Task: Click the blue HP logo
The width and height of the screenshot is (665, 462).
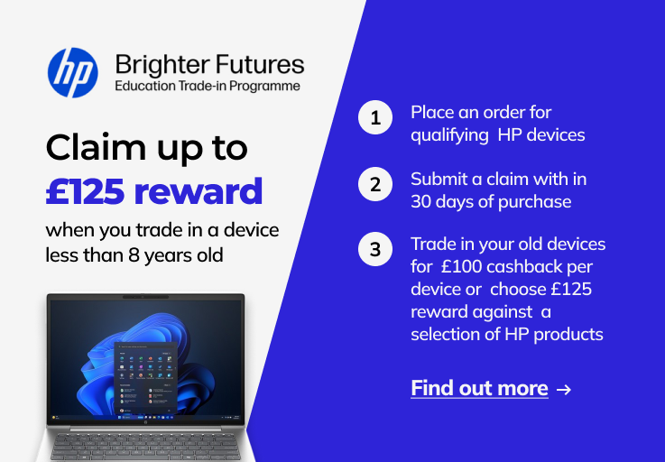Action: (x=72, y=72)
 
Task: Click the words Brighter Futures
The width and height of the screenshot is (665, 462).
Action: (x=209, y=64)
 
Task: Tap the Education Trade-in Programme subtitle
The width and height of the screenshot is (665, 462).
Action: (x=208, y=86)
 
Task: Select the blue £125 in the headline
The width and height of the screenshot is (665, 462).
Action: (x=85, y=191)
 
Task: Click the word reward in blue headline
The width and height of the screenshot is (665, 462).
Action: (x=199, y=191)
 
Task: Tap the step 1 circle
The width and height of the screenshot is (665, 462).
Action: (x=375, y=117)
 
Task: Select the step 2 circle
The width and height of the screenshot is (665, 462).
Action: (x=375, y=184)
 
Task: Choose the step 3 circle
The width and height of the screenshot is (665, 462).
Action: (x=375, y=249)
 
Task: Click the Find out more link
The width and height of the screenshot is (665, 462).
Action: (x=479, y=388)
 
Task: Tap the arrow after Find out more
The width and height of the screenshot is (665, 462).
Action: (x=564, y=389)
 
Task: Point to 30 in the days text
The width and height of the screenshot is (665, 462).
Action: (x=420, y=202)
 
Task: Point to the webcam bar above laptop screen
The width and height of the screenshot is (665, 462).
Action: (x=145, y=297)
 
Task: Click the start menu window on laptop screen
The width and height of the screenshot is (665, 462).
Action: (x=145, y=378)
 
